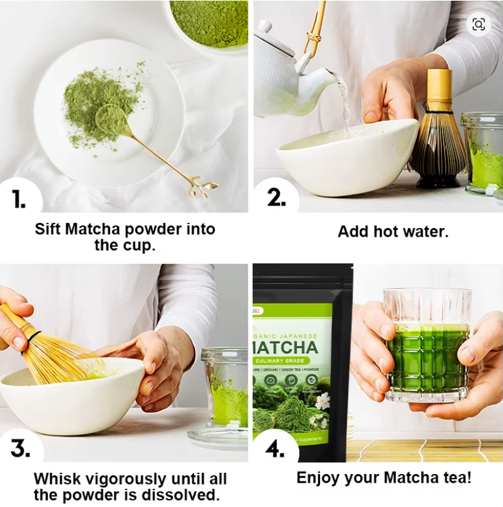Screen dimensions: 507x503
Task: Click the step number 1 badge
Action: point(19,198)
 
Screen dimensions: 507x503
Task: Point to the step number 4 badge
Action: point(275,448)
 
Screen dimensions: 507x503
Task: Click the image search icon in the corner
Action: point(478,24)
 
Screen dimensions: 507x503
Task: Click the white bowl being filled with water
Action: point(346,156)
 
